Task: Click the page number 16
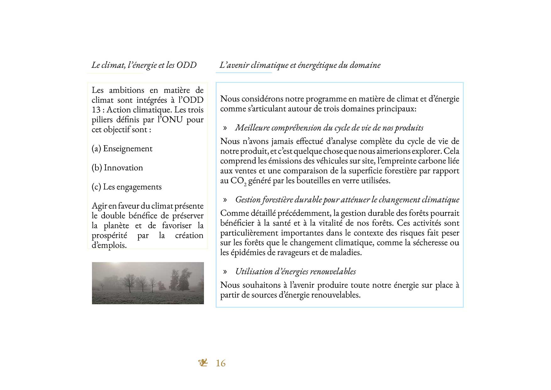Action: tap(221, 363)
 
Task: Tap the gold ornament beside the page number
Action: tap(203, 363)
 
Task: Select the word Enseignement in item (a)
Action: tap(128, 149)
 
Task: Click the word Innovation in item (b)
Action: tap(123, 168)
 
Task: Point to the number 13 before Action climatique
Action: tap(96, 110)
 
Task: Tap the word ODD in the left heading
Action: tap(186, 65)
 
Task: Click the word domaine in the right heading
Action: tap(365, 65)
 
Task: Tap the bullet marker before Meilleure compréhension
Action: tap(225, 128)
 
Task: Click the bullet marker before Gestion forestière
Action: tap(225, 200)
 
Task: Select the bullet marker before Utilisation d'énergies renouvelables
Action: tap(225, 272)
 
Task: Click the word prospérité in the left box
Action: tap(109, 236)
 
